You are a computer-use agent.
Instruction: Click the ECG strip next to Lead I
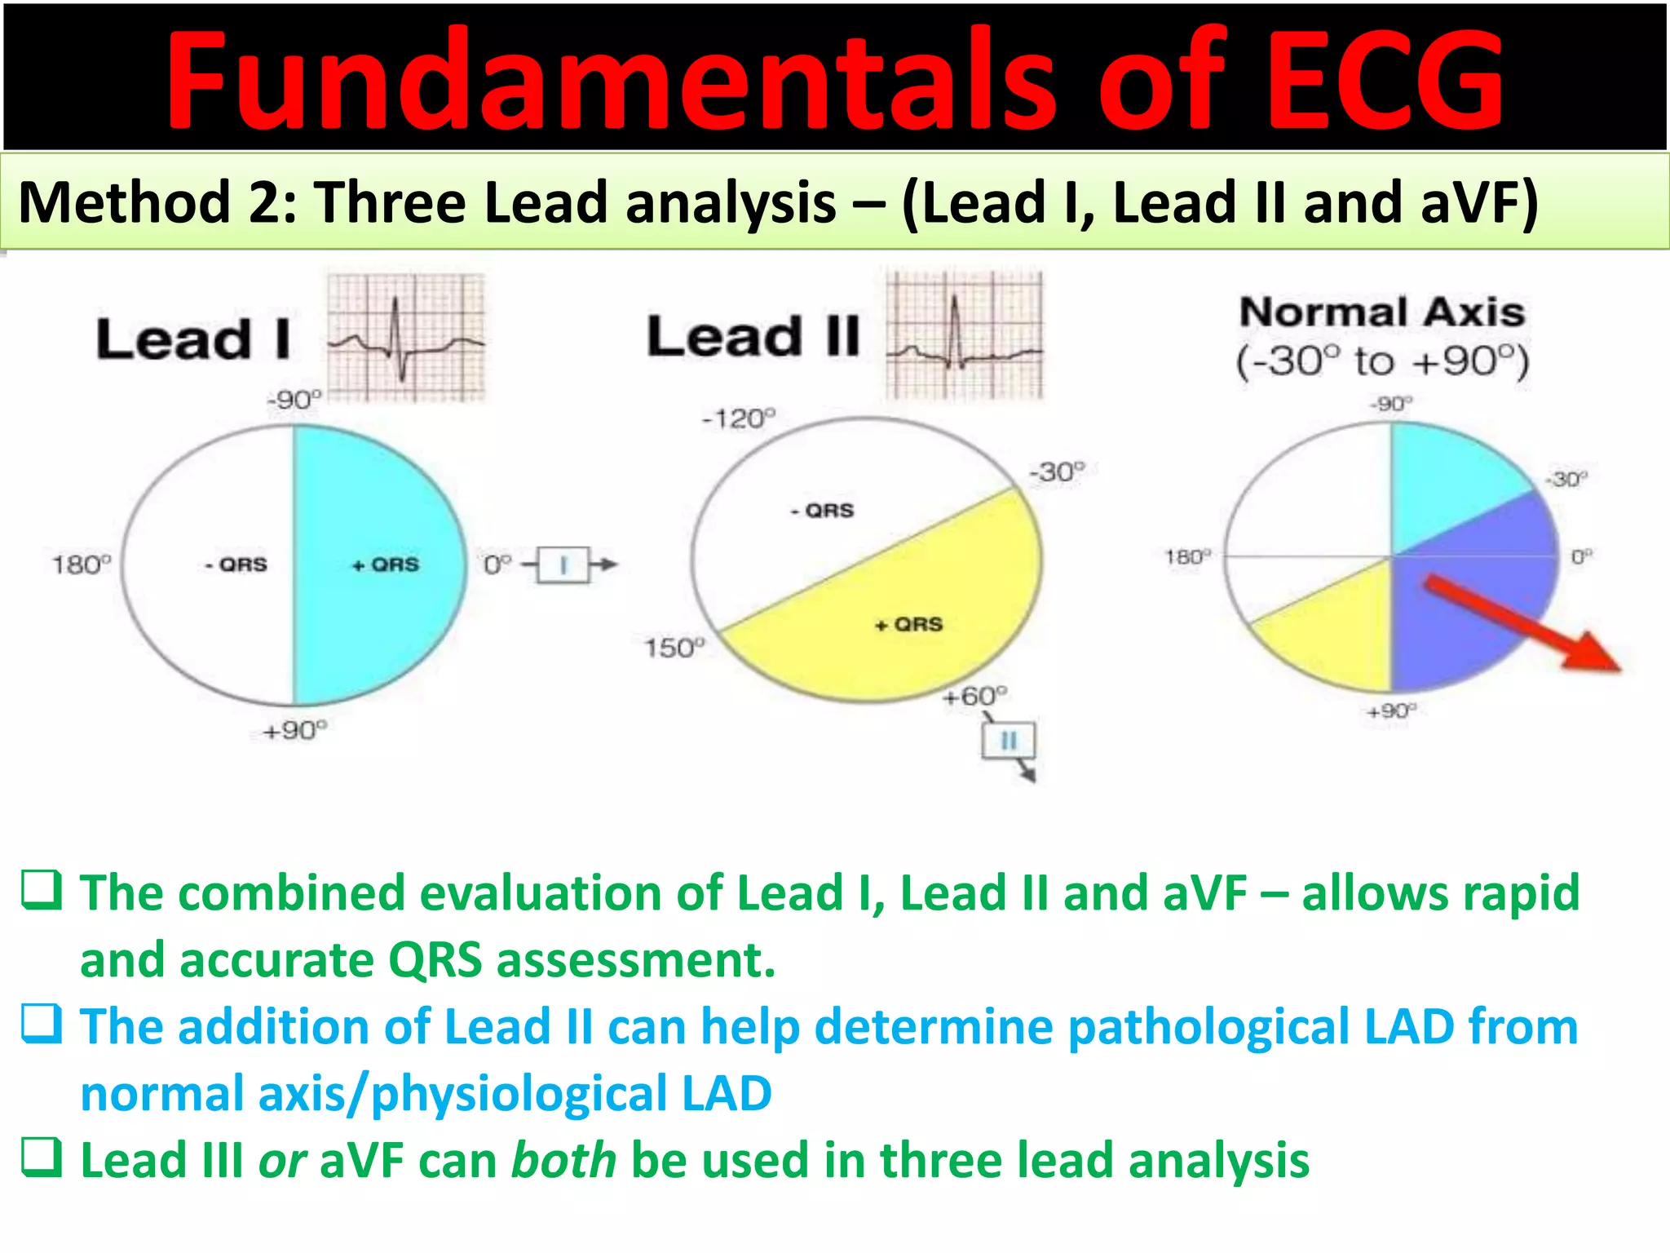tap(406, 338)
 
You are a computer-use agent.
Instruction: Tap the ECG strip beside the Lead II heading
tap(965, 335)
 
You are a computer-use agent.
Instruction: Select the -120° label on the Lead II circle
tap(739, 419)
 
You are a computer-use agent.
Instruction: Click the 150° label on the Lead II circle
tap(674, 649)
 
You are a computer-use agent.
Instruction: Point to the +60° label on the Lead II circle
tap(974, 697)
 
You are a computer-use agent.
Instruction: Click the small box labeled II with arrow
tap(1009, 741)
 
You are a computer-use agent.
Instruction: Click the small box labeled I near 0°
tap(563, 565)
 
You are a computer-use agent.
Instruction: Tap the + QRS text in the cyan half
tap(386, 565)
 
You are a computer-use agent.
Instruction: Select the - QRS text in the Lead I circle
tap(236, 565)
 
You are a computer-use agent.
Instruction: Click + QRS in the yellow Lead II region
tap(908, 625)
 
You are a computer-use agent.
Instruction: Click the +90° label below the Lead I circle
tap(295, 730)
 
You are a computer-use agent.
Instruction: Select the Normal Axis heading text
tap(1382, 312)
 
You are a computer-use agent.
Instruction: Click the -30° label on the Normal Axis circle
tap(1566, 479)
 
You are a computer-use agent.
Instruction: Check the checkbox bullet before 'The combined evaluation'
tap(41, 891)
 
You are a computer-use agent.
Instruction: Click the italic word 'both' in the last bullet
tap(563, 1160)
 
